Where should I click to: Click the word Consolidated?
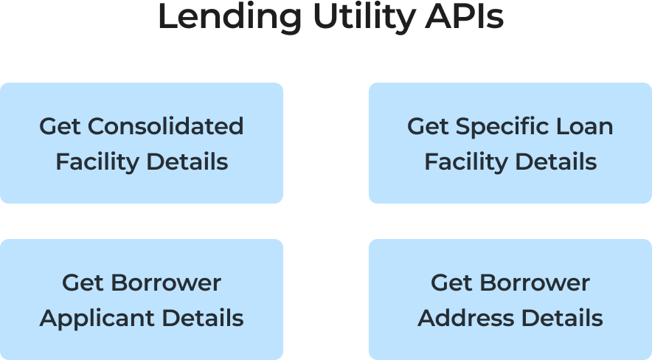166,126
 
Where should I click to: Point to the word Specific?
499,126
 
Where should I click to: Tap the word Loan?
586,126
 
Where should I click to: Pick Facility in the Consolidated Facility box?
97,162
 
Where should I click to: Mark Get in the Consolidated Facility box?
60,126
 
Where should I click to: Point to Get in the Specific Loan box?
428,126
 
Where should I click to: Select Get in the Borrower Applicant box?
83,283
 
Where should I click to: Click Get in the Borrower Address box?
451,283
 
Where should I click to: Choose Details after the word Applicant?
202,319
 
